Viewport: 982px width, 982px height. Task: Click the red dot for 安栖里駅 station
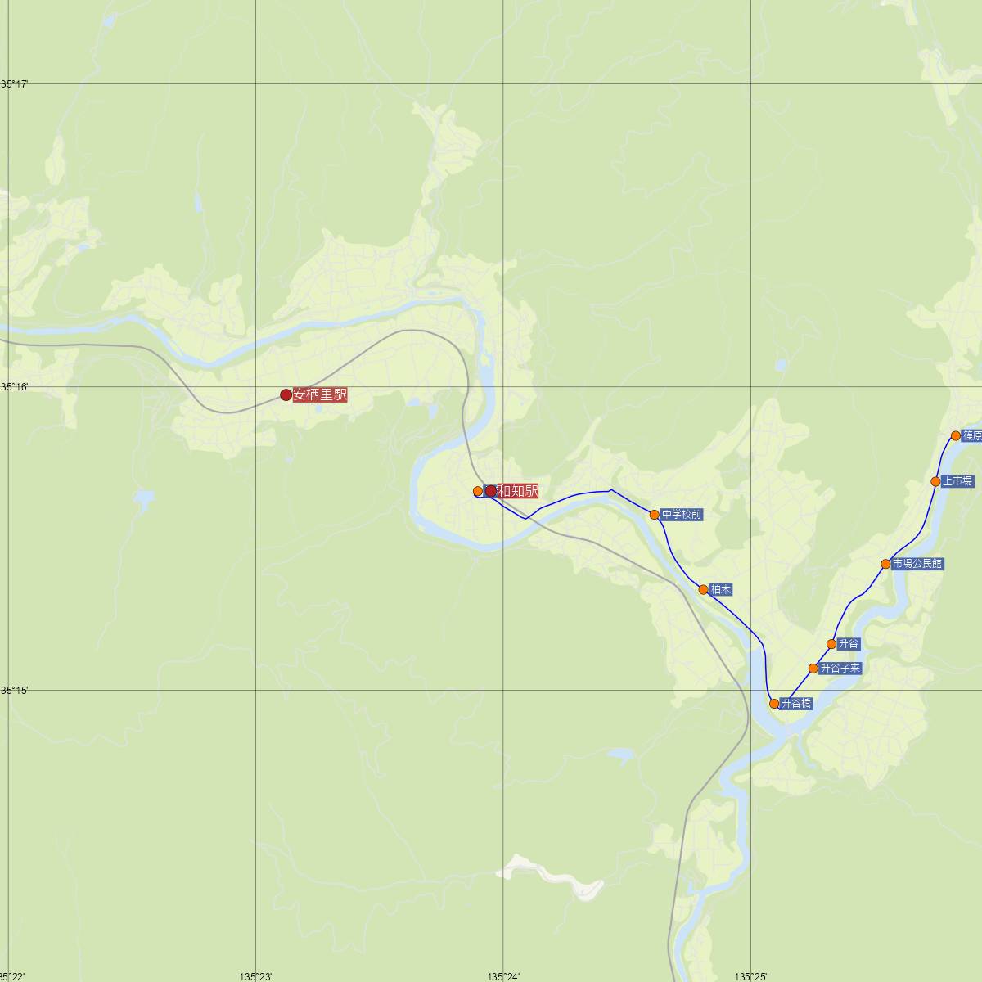[286, 395]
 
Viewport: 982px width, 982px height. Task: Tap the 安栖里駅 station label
[320, 394]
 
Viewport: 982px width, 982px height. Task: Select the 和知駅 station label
[518, 491]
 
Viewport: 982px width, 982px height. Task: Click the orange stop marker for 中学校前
[655, 515]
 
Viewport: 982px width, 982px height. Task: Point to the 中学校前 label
[682, 515]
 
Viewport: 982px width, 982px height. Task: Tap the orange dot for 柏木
[703, 589]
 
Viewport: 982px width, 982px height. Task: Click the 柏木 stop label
[721, 589]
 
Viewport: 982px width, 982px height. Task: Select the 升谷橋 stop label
[796, 703]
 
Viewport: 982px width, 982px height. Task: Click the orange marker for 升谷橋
[774, 703]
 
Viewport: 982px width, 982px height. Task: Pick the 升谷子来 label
[840, 669]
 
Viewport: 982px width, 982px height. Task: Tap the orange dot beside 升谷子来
[813, 669]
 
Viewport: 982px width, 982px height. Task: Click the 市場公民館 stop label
[917, 564]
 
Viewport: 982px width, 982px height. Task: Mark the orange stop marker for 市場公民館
[885, 564]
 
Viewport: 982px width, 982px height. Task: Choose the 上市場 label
[957, 481]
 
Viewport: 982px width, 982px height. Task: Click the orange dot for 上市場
[935, 481]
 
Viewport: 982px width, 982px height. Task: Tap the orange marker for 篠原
[956, 435]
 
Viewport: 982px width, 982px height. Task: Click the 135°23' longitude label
[256, 976]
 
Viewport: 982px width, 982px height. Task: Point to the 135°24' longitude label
[503, 976]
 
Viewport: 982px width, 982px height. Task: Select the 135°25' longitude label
[750, 976]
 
